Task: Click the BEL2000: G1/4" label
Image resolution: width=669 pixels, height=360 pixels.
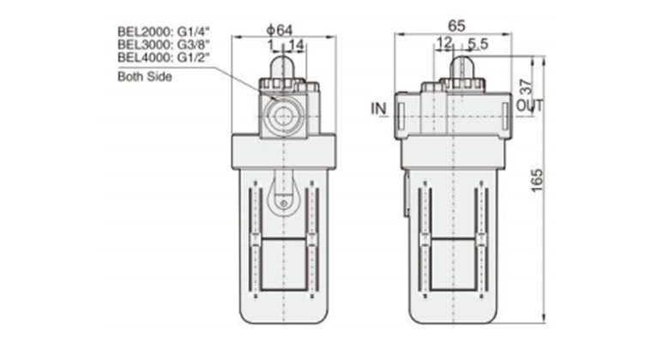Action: tap(164, 32)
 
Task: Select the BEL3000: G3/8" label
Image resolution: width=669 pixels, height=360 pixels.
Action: tap(164, 45)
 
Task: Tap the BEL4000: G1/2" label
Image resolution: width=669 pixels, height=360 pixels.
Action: tap(164, 57)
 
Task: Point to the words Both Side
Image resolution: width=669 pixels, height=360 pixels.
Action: tap(145, 77)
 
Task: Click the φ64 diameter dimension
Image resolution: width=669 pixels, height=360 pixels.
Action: tap(280, 30)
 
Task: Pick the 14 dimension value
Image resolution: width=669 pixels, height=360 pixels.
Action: tap(296, 45)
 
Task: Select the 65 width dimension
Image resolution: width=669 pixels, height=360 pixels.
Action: tap(456, 26)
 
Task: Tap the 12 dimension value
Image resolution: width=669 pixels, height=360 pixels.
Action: tap(443, 42)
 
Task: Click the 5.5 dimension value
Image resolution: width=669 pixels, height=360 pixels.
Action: tap(478, 44)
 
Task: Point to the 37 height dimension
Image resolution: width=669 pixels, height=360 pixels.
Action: tap(527, 87)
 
